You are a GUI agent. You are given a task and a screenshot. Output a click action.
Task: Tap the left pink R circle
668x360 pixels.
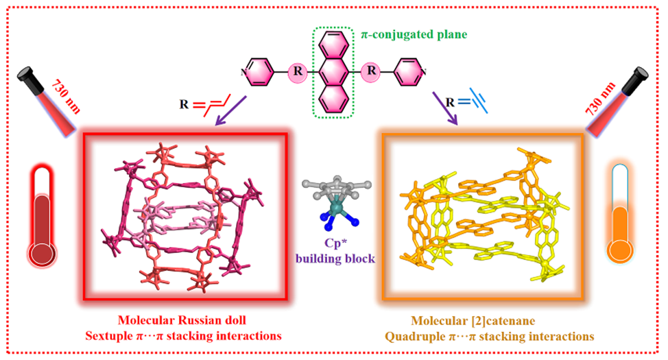(x=298, y=70)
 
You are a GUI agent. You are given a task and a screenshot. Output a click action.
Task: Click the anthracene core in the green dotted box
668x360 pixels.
(x=335, y=71)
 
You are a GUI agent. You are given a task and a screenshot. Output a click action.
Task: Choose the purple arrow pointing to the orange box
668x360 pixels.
(x=443, y=108)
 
